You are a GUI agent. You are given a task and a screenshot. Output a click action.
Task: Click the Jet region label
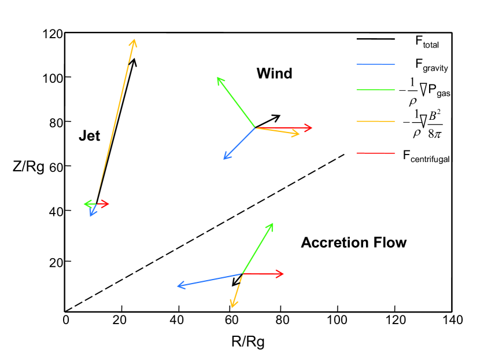89,137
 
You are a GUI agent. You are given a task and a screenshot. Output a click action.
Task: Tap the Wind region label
274,74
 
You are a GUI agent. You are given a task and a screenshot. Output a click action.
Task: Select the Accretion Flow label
353,243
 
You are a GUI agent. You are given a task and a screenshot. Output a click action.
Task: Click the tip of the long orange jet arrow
135,40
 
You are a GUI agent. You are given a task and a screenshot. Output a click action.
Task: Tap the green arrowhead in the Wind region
217,78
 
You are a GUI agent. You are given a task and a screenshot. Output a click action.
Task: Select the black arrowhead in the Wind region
279,116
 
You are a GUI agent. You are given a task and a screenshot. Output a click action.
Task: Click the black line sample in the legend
375,39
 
